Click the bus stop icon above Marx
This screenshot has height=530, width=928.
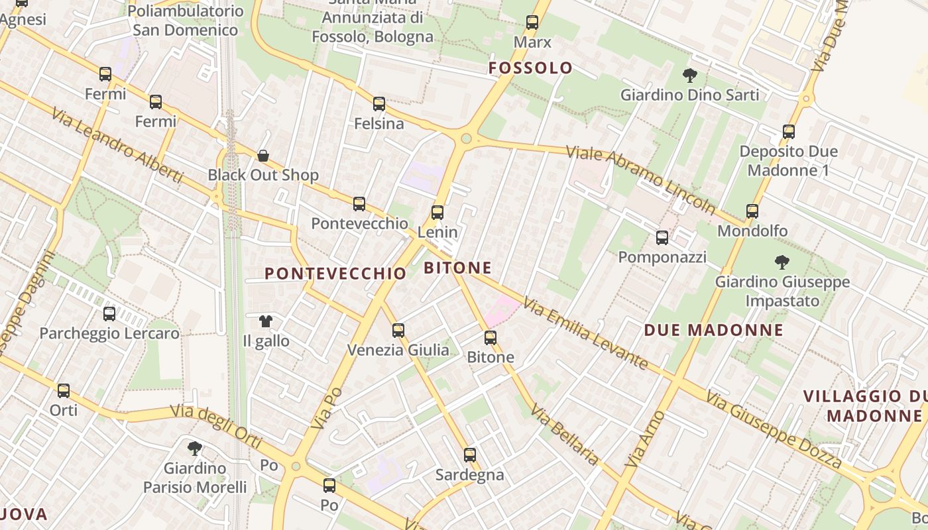click(x=532, y=23)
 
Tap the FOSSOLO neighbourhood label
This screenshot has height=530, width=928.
click(x=530, y=68)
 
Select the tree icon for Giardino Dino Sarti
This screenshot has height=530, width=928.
click(x=689, y=76)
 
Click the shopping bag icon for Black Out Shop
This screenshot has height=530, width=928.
click(x=263, y=156)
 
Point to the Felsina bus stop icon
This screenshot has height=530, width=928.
click(x=379, y=104)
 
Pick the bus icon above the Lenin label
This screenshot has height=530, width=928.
click(x=437, y=213)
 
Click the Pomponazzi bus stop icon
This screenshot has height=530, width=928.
click(x=662, y=238)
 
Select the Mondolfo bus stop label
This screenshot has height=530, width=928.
click(x=752, y=231)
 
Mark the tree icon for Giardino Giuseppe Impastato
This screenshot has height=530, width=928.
click(x=782, y=262)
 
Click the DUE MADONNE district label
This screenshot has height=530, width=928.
click(x=713, y=330)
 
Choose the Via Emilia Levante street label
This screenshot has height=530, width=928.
click(x=585, y=333)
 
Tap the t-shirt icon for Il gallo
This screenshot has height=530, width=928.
click(x=266, y=321)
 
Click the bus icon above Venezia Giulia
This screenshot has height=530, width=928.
click(x=398, y=330)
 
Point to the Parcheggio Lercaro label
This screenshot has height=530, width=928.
click(x=109, y=333)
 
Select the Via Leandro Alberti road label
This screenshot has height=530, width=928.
click(x=117, y=144)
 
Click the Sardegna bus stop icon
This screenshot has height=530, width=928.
click(x=470, y=455)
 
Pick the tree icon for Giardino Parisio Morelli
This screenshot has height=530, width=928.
click(x=195, y=449)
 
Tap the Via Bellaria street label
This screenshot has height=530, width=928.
click(x=565, y=437)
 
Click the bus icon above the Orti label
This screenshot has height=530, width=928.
click(x=64, y=391)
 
